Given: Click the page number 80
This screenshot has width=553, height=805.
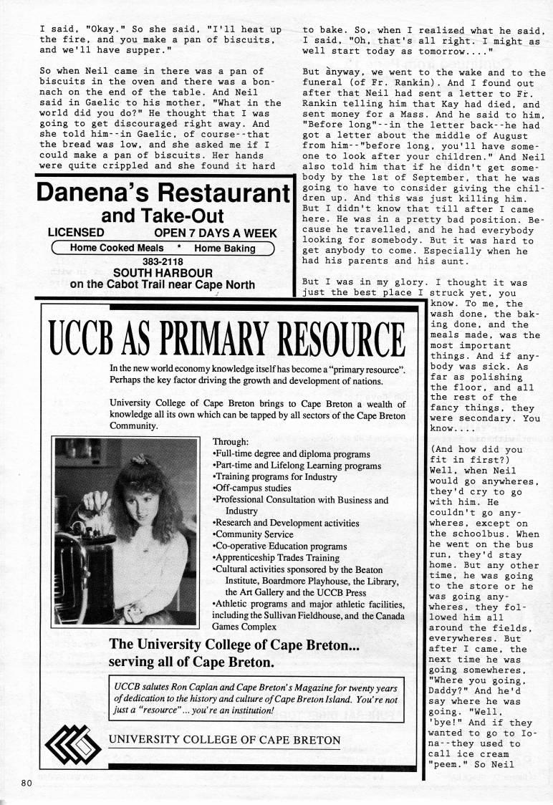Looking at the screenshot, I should click(x=27, y=781).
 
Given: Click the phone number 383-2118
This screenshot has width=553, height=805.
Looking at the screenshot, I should click(x=162, y=261).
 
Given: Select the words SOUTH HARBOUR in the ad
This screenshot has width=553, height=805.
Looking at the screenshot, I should click(x=163, y=273).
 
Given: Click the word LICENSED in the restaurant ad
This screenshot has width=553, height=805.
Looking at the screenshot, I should click(x=76, y=233).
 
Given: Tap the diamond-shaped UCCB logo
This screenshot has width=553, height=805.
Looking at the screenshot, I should click(x=72, y=741).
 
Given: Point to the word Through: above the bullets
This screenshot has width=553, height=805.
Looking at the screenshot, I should click(x=231, y=442).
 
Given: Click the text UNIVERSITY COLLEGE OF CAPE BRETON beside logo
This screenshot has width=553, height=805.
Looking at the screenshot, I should click(x=225, y=739).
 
